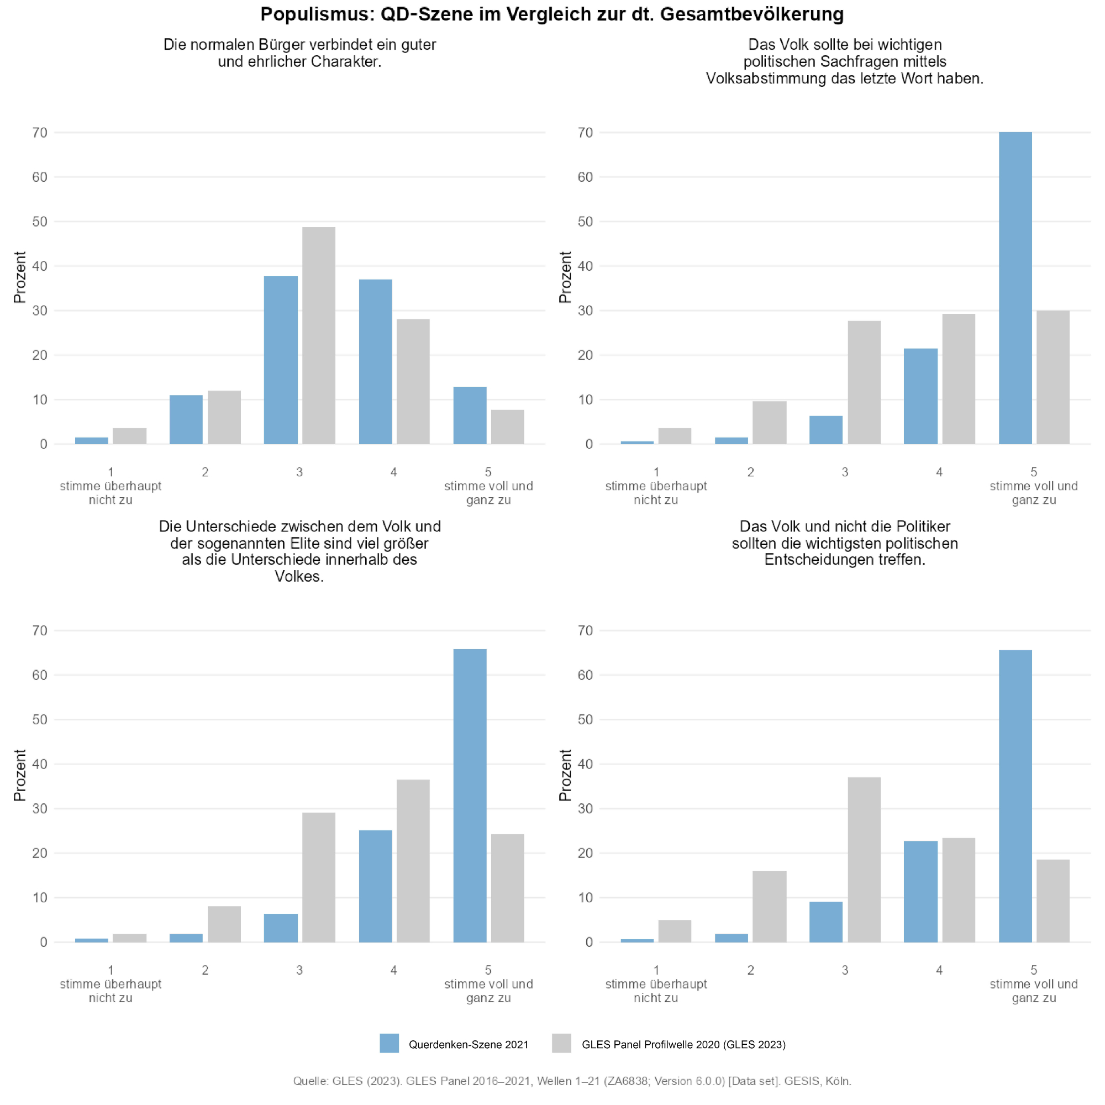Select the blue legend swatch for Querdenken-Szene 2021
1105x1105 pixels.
pyautogui.click(x=389, y=1043)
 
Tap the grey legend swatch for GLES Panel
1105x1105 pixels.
pyautogui.click(x=562, y=1043)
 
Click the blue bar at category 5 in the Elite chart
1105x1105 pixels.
pyautogui.click(x=470, y=796)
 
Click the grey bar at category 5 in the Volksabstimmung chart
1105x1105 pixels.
pyautogui.click(x=1053, y=377)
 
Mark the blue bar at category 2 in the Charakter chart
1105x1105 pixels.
pyautogui.click(x=186, y=420)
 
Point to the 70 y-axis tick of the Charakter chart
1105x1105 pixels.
pyautogui.click(x=40, y=133)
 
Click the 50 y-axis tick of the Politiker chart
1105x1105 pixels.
pyautogui.click(x=585, y=719)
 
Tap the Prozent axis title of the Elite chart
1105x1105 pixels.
pyautogui.click(x=20, y=775)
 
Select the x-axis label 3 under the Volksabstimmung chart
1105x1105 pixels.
pyautogui.click(x=845, y=472)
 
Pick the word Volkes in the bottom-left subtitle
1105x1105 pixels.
pyautogui.click(x=299, y=576)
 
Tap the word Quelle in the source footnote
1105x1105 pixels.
pyautogui.click(x=309, y=1081)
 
